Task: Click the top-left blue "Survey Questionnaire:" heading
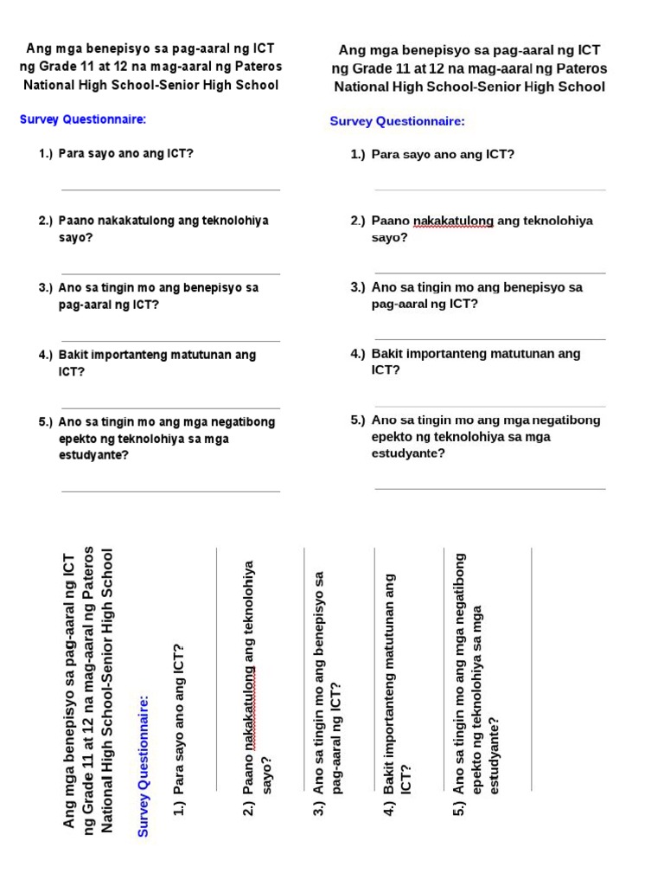pos(83,119)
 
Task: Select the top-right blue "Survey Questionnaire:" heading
pos(397,121)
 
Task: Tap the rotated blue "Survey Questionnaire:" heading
pos(144,765)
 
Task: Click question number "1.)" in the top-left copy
pos(46,153)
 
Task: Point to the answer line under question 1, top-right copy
pos(489,189)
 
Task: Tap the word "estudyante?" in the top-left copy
pos(94,454)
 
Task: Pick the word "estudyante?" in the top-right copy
pos(408,453)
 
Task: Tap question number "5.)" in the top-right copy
pos(358,420)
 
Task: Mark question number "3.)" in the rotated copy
pos(318,809)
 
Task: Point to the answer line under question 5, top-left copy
pos(170,491)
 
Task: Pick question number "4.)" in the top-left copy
pos(46,355)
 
